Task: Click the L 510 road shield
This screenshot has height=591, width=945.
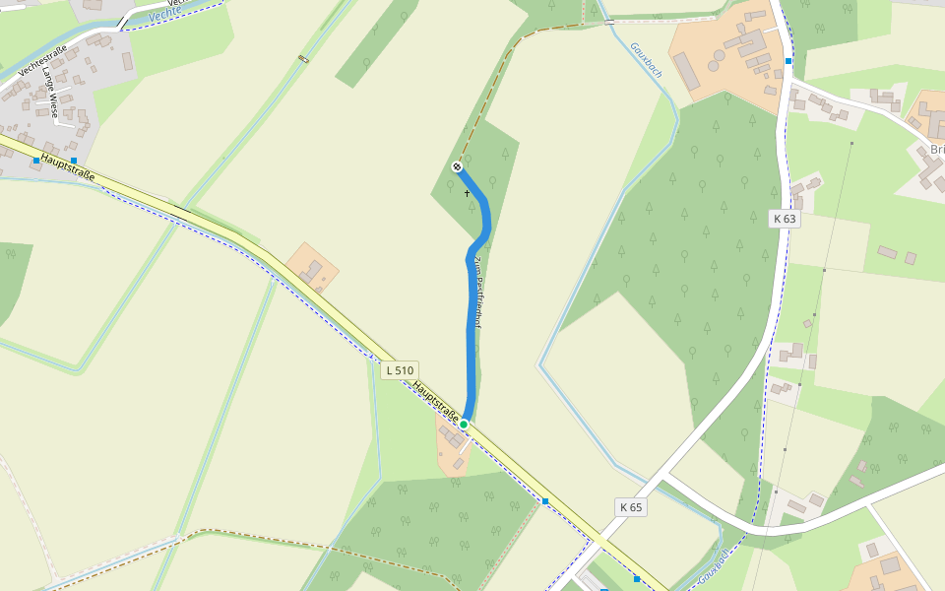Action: tap(400, 370)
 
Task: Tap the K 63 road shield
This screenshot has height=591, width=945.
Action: tap(784, 219)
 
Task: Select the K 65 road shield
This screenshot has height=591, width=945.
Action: tap(631, 507)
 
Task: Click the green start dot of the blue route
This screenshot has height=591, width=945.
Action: tap(464, 424)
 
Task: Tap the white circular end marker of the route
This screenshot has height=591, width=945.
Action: tap(457, 166)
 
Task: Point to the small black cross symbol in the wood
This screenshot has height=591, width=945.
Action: tap(468, 193)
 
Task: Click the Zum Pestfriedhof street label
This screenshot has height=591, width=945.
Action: tap(476, 291)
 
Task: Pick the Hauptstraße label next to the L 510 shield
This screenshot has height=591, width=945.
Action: tap(436, 404)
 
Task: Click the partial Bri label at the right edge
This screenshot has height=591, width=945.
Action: tap(935, 150)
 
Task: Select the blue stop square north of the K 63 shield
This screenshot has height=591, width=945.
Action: tap(788, 61)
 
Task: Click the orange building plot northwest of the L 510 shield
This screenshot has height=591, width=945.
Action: tap(313, 267)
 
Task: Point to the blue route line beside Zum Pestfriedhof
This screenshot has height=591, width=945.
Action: tap(471, 325)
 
